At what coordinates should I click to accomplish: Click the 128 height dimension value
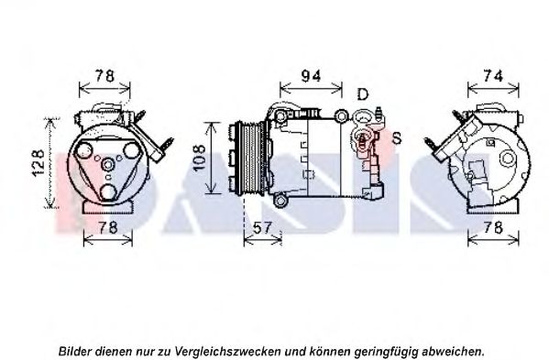38,163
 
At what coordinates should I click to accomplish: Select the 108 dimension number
200,158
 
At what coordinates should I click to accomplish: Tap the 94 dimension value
311,76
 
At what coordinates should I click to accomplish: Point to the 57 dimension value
262,228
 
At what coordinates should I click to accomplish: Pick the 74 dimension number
493,76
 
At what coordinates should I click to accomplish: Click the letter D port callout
363,94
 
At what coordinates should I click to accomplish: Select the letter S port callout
397,138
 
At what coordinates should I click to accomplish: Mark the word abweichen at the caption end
453,351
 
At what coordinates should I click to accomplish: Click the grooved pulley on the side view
250,158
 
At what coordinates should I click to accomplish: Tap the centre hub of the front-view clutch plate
108,164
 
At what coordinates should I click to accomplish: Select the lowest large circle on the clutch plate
108,191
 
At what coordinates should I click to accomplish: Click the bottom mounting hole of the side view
280,202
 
